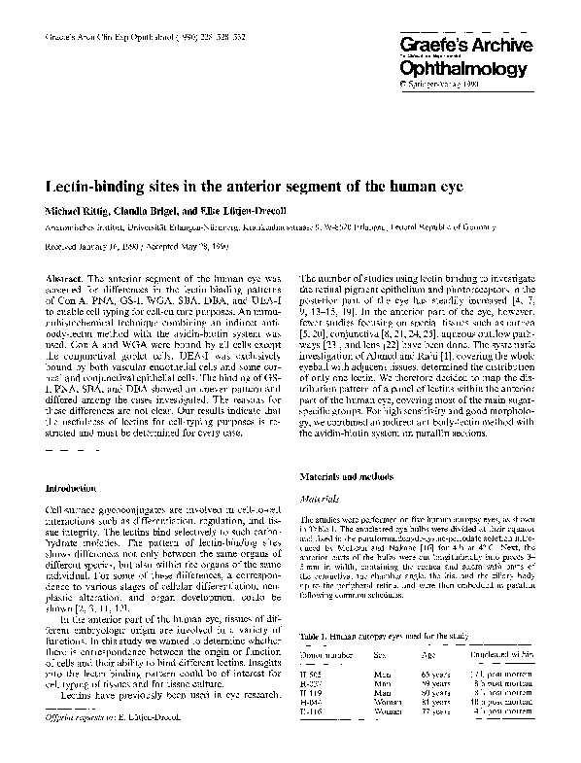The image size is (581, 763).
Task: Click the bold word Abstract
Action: click(x=62, y=280)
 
